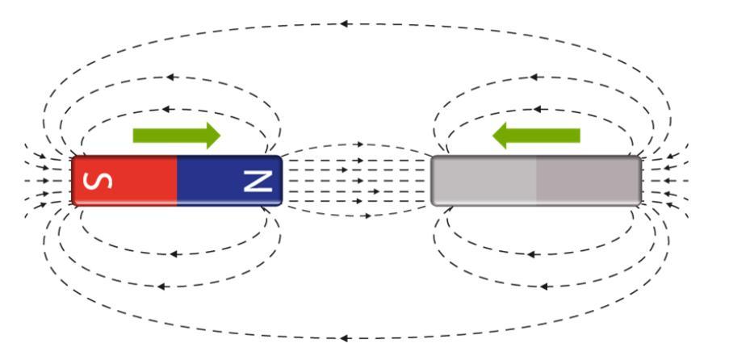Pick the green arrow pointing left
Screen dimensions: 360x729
pos(536,135)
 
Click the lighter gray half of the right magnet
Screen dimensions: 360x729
pos(484,181)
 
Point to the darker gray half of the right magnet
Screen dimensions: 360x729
pos(588,181)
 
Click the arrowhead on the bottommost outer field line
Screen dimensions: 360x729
pos(346,337)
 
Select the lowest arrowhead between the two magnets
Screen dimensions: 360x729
pos(368,216)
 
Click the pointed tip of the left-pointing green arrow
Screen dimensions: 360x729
pos(494,135)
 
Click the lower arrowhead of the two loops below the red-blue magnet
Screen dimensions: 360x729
pos(161,285)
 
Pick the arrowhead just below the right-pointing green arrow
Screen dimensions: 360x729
pos(165,109)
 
